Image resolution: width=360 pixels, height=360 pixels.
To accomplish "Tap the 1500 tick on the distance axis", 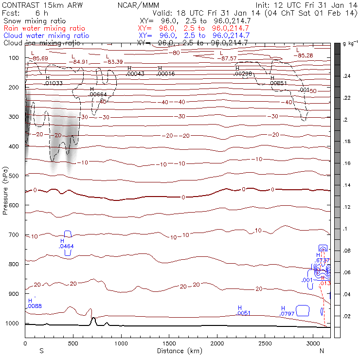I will point(169,343).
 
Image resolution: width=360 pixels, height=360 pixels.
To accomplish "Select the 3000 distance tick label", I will point(313,343).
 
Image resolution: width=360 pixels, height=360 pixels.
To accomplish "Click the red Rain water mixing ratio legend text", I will point(46,29).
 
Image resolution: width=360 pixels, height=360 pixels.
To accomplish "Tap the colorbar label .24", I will point(347,76).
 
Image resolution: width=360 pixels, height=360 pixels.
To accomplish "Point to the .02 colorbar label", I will point(347,316).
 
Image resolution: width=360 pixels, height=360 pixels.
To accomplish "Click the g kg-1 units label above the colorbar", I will point(349,44).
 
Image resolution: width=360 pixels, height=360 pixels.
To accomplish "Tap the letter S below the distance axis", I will point(41,351).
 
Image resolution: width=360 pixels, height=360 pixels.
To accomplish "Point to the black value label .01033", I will point(54,83).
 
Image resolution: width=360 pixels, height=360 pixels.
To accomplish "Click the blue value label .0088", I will point(35,306).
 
